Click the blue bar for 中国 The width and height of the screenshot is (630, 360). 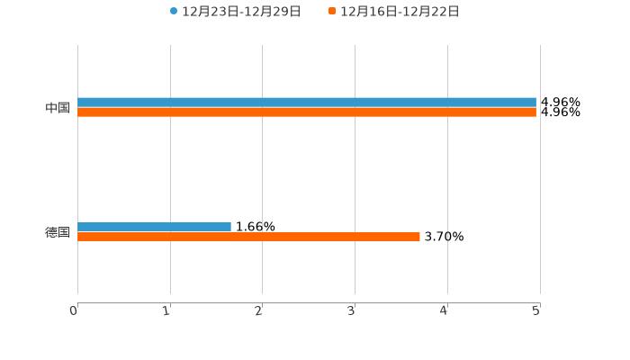click(306, 103)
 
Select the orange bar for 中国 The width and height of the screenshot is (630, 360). click(306, 112)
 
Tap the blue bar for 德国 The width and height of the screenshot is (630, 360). click(154, 227)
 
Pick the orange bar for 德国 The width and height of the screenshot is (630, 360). click(248, 237)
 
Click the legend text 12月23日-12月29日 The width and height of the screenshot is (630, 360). click(241, 12)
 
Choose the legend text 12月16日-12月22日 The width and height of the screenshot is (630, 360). click(400, 12)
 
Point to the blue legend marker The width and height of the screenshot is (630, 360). click(174, 12)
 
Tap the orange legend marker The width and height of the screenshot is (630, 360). click(332, 12)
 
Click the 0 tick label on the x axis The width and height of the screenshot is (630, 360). click(74, 310)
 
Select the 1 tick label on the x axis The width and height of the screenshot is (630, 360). click(166, 310)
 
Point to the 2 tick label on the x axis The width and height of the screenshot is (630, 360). click(259, 310)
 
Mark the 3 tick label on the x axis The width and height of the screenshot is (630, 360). click(352, 310)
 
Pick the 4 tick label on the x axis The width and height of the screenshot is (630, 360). click(444, 310)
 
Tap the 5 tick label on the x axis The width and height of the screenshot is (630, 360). click(536, 310)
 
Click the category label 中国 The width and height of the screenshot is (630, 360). click(58, 108)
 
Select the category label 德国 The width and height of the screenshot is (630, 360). click(58, 232)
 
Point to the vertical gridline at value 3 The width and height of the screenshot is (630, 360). click(355, 171)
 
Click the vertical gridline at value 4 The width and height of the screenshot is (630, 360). click(447, 171)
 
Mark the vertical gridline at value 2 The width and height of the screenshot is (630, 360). click(262, 171)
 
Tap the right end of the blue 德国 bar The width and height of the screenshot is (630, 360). click(229, 227)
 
